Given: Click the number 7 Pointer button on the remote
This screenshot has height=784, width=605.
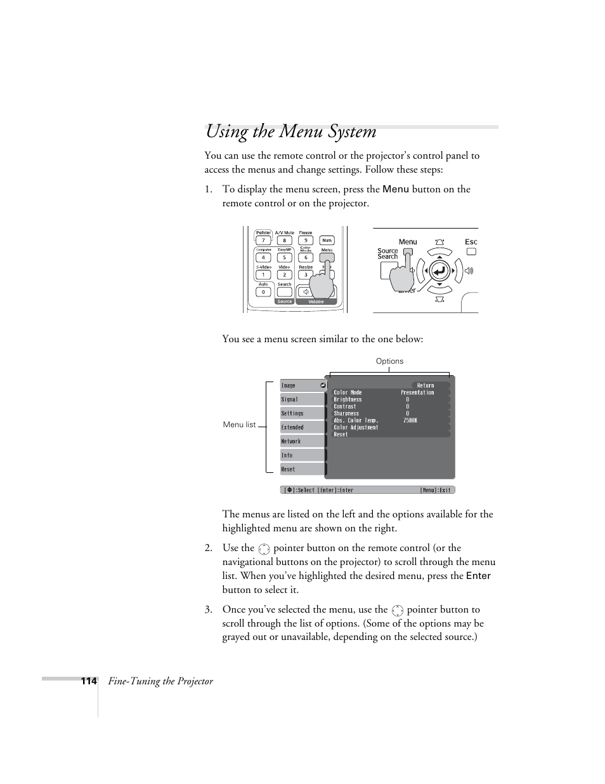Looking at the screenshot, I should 263,241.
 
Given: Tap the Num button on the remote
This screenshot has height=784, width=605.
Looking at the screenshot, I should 327,241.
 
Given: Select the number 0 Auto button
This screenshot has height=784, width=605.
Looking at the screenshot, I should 263,292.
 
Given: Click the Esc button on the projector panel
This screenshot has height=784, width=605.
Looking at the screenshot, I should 471,251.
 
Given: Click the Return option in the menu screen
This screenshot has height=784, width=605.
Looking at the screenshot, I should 426,385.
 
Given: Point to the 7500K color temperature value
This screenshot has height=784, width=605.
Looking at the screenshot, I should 410,420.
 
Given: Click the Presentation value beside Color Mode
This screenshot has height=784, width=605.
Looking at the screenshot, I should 417,392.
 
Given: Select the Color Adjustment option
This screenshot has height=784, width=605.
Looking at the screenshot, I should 356,427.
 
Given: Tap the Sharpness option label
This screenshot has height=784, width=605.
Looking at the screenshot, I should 346,413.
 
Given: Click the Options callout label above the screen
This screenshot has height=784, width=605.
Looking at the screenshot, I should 389,361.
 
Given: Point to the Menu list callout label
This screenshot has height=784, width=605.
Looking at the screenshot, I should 239,425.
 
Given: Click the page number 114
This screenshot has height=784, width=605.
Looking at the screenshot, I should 88,681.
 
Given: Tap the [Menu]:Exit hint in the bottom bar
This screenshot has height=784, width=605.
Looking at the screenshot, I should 435,490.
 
